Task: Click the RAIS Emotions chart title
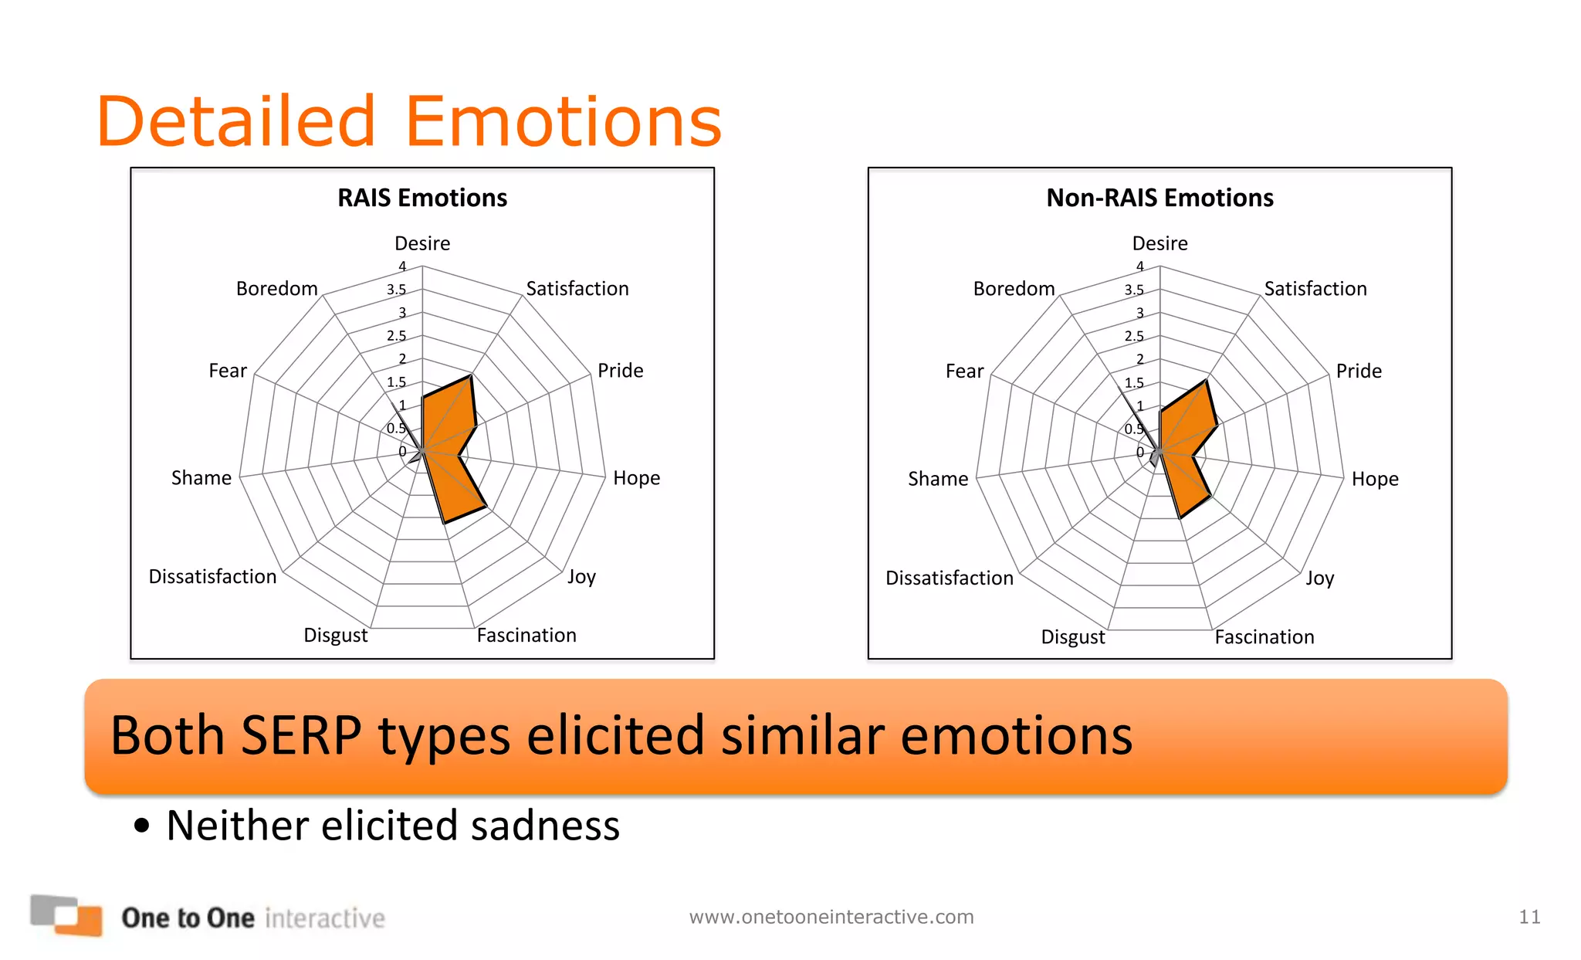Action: click(x=422, y=198)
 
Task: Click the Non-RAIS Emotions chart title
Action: click(x=1160, y=198)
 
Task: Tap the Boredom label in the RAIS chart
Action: click(x=276, y=289)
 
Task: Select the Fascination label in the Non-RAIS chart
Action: click(x=1264, y=637)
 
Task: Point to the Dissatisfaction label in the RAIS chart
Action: click(x=212, y=577)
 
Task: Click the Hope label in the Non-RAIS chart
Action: click(x=1374, y=479)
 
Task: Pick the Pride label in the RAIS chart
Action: click(x=620, y=371)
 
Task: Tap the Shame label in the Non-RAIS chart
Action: click(x=937, y=479)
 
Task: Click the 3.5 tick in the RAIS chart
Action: click(x=396, y=290)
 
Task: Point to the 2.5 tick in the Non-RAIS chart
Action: click(x=1133, y=336)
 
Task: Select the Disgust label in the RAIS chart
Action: click(x=335, y=636)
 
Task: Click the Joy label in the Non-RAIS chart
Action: click(x=1319, y=578)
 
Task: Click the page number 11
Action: click(x=1529, y=917)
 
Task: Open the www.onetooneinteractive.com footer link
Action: click(x=831, y=917)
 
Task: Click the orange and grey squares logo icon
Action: click(x=66, y=914)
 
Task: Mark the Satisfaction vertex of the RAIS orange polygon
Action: click(x=470, y=376)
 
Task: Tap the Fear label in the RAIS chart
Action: click(x=228, y=371)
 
